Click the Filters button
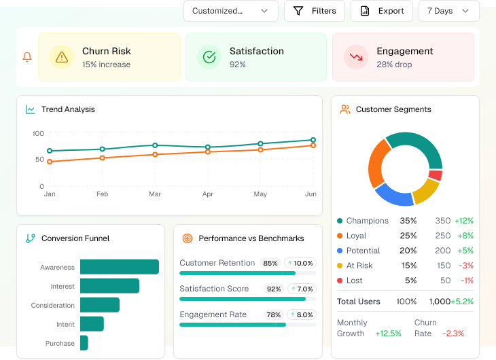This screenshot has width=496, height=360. click(314, 11)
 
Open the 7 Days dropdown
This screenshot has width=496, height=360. click(449, 11)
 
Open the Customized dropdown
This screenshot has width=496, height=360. click(230, 11)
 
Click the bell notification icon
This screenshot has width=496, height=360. click(27, 57)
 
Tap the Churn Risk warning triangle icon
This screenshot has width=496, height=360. click(63, 57)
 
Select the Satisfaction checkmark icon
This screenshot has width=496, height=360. click(209, 57)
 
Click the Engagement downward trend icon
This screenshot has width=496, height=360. click(355, 57)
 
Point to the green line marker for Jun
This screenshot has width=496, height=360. click(313, 140)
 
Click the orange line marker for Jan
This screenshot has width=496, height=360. click(50, 162)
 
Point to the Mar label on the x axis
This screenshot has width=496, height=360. click(155, 194)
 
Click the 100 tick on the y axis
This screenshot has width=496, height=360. click(38, 133)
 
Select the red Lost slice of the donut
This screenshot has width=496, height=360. click(436, 175)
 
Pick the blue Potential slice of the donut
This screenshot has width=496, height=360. click(394, 195)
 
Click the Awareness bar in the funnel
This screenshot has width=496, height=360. click(119, 267)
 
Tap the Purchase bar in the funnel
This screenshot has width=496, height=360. click(84, 343)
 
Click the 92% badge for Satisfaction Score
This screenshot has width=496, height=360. click(274, 289)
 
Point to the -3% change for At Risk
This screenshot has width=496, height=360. click(465, 266)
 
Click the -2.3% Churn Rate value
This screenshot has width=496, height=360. click(453, 334)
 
